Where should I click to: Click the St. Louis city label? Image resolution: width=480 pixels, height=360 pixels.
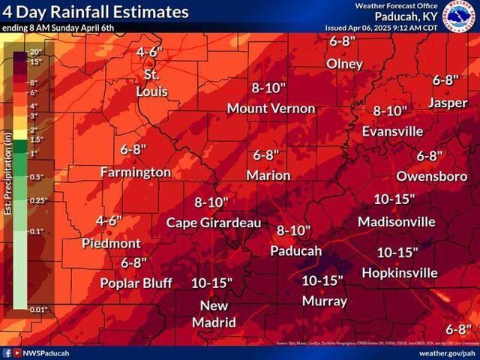pos(151,83)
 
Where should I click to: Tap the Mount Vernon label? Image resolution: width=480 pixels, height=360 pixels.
pos(271,108)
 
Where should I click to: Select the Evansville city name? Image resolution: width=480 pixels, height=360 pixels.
pos(393,130)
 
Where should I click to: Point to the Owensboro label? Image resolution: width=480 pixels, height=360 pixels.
pos(431,175)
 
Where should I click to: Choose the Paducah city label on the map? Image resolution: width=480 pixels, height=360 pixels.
pos(295,250)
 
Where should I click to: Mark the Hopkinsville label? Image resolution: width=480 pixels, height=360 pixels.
pos(399,272)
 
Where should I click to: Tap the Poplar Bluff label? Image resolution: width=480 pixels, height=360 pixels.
pos(136,283)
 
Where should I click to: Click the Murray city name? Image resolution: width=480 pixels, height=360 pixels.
pos(324,301)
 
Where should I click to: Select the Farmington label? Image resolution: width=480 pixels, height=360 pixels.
pos(136,172)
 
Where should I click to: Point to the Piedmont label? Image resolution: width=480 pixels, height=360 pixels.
pos(111,243)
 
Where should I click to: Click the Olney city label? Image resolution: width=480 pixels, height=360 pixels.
pos(344,64)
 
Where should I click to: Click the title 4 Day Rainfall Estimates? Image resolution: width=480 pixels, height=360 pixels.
pos(96,13)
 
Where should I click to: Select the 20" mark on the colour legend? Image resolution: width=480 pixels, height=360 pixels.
pos(35,52)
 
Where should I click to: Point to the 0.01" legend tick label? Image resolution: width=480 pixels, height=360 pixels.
pos(38,309)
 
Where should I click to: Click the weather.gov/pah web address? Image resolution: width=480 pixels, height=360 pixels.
pos(446,352)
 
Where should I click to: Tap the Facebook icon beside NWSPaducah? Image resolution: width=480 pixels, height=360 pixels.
pos(7,352)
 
